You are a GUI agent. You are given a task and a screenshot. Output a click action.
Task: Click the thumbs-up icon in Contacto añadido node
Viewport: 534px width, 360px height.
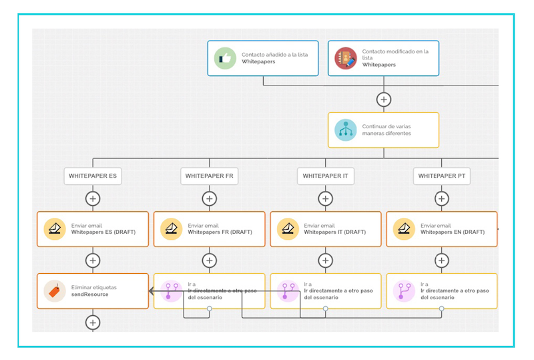[x=225, y=59]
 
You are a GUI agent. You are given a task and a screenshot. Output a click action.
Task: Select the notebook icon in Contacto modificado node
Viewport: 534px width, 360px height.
[x=346, y=59]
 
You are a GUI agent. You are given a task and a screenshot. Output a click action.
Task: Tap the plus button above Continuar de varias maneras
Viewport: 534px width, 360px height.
[x=383, y=100]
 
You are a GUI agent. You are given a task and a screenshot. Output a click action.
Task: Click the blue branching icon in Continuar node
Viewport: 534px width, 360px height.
[x=346, y=130]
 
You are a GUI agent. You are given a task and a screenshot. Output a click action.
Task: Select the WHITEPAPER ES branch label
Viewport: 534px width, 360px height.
[x=93, y=176]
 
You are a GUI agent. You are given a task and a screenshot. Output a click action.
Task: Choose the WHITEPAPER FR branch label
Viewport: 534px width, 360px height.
[x=209, y=176]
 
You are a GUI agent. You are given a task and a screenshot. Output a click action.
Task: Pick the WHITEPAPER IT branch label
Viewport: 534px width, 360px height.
[x=325, y=176]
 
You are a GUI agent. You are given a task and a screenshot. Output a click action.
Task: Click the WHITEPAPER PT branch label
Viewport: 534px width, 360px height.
[x=441, y=176]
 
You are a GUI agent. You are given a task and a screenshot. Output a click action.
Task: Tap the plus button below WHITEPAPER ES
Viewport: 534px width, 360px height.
[x=93, y=198]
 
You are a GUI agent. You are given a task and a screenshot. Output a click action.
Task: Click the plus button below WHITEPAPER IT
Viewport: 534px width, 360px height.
[x=325, y=198]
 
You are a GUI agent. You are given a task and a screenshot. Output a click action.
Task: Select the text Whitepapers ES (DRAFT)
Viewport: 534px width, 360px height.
[x=103, y=232]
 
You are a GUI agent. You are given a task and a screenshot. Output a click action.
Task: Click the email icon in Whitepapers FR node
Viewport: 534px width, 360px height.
[x=171, y=229]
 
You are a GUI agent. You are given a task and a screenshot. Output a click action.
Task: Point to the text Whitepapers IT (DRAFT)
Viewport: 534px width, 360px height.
[x=335, y=232]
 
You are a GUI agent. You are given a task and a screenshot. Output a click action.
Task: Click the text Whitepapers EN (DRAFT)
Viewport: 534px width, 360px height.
[x=451, y=232]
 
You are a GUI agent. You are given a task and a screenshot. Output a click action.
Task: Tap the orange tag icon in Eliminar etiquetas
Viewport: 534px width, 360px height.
[x=55, y=291]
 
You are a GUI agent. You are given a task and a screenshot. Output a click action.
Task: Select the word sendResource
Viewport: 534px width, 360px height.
[x=89, y=294]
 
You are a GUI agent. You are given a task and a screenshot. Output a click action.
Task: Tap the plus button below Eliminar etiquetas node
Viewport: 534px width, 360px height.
[x=93, y=323]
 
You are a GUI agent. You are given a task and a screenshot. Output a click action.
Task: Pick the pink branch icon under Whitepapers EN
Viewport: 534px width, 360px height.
[x=404, y=291]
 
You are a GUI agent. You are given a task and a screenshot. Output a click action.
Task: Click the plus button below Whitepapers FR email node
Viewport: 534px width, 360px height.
[x=209, y=260]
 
